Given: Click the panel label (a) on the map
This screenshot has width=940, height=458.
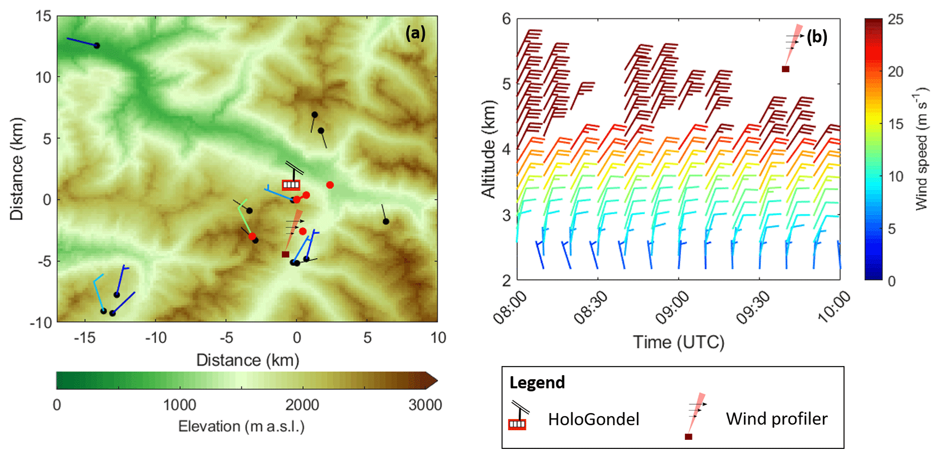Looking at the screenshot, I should [415, 33].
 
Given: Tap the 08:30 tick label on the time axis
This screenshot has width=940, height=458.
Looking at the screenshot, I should [591, 308].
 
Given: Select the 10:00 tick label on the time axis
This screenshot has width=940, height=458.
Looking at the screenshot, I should [834, 308].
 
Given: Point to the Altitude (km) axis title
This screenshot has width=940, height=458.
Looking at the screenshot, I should [488, 149].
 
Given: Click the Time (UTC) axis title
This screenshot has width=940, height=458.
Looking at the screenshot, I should [678, 342].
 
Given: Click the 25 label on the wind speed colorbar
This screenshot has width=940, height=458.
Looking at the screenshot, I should [895, 19].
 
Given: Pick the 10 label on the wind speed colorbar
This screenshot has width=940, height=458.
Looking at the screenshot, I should [895, 176].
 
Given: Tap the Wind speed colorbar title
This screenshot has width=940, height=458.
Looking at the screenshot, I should [921, 149].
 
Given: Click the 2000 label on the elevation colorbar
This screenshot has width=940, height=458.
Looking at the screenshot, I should [302, 405].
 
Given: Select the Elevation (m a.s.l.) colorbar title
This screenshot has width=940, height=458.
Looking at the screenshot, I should [242, 427].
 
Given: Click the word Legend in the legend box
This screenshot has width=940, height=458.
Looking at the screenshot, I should [537, 383].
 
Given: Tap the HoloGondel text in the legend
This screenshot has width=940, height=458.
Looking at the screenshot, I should [593, 419].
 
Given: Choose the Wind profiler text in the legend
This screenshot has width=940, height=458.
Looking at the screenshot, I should [776, 419].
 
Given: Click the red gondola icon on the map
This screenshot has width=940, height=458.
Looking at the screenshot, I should [291, 185].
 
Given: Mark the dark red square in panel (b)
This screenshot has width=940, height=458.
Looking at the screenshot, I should [785, 69].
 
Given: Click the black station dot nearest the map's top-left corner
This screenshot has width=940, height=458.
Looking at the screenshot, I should [97, 46].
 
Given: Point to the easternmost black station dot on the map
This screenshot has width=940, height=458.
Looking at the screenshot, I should [386, 221].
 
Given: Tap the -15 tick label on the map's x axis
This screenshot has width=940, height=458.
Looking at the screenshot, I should [84, 338].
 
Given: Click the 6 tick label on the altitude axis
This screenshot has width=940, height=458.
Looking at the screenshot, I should [506, 19].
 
